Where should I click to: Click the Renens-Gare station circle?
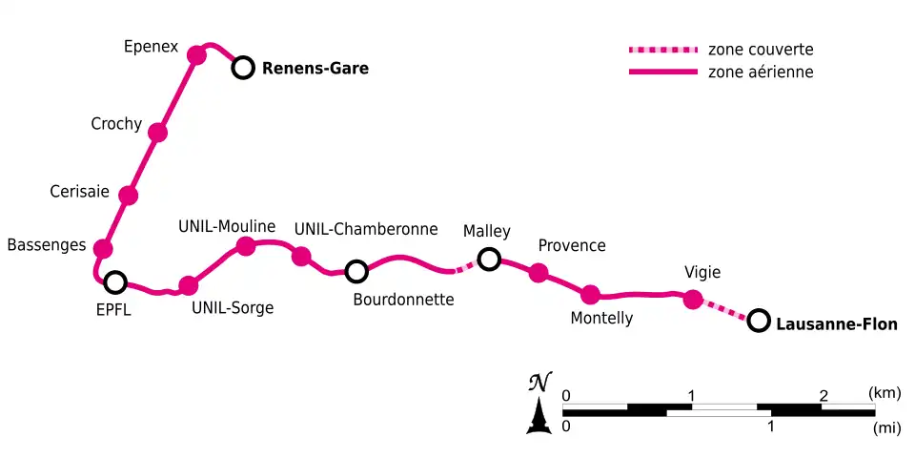click(x=244, y=68)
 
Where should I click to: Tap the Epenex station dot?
click(x=197, y=54)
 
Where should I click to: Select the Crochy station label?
click(x=116, y=124)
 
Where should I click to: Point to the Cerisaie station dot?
click(x=129, y=196)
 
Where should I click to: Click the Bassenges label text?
click(x=47, y=245)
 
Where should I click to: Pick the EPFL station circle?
click(x=115, y=281)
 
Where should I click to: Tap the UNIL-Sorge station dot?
click(x=189, y=284)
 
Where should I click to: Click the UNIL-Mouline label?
click(x=227, y=226)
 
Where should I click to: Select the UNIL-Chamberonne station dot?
click(x=302, y=256)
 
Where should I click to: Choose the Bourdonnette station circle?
click(x=356, y=272)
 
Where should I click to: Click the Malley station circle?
click(x=489, y=259)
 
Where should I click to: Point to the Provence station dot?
click(x=539, y=274)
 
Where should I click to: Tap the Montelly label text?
click(x=601, y=318)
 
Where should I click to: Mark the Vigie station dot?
click(x=694, y=299)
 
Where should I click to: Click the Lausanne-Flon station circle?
click(x=759, y=321)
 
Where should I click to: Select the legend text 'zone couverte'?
click(x=760, y=50)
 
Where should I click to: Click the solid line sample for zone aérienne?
click(x=661, y=73)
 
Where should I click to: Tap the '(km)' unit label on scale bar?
click(x=885, y=392)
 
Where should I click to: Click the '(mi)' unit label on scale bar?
click(x=886, y=428)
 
